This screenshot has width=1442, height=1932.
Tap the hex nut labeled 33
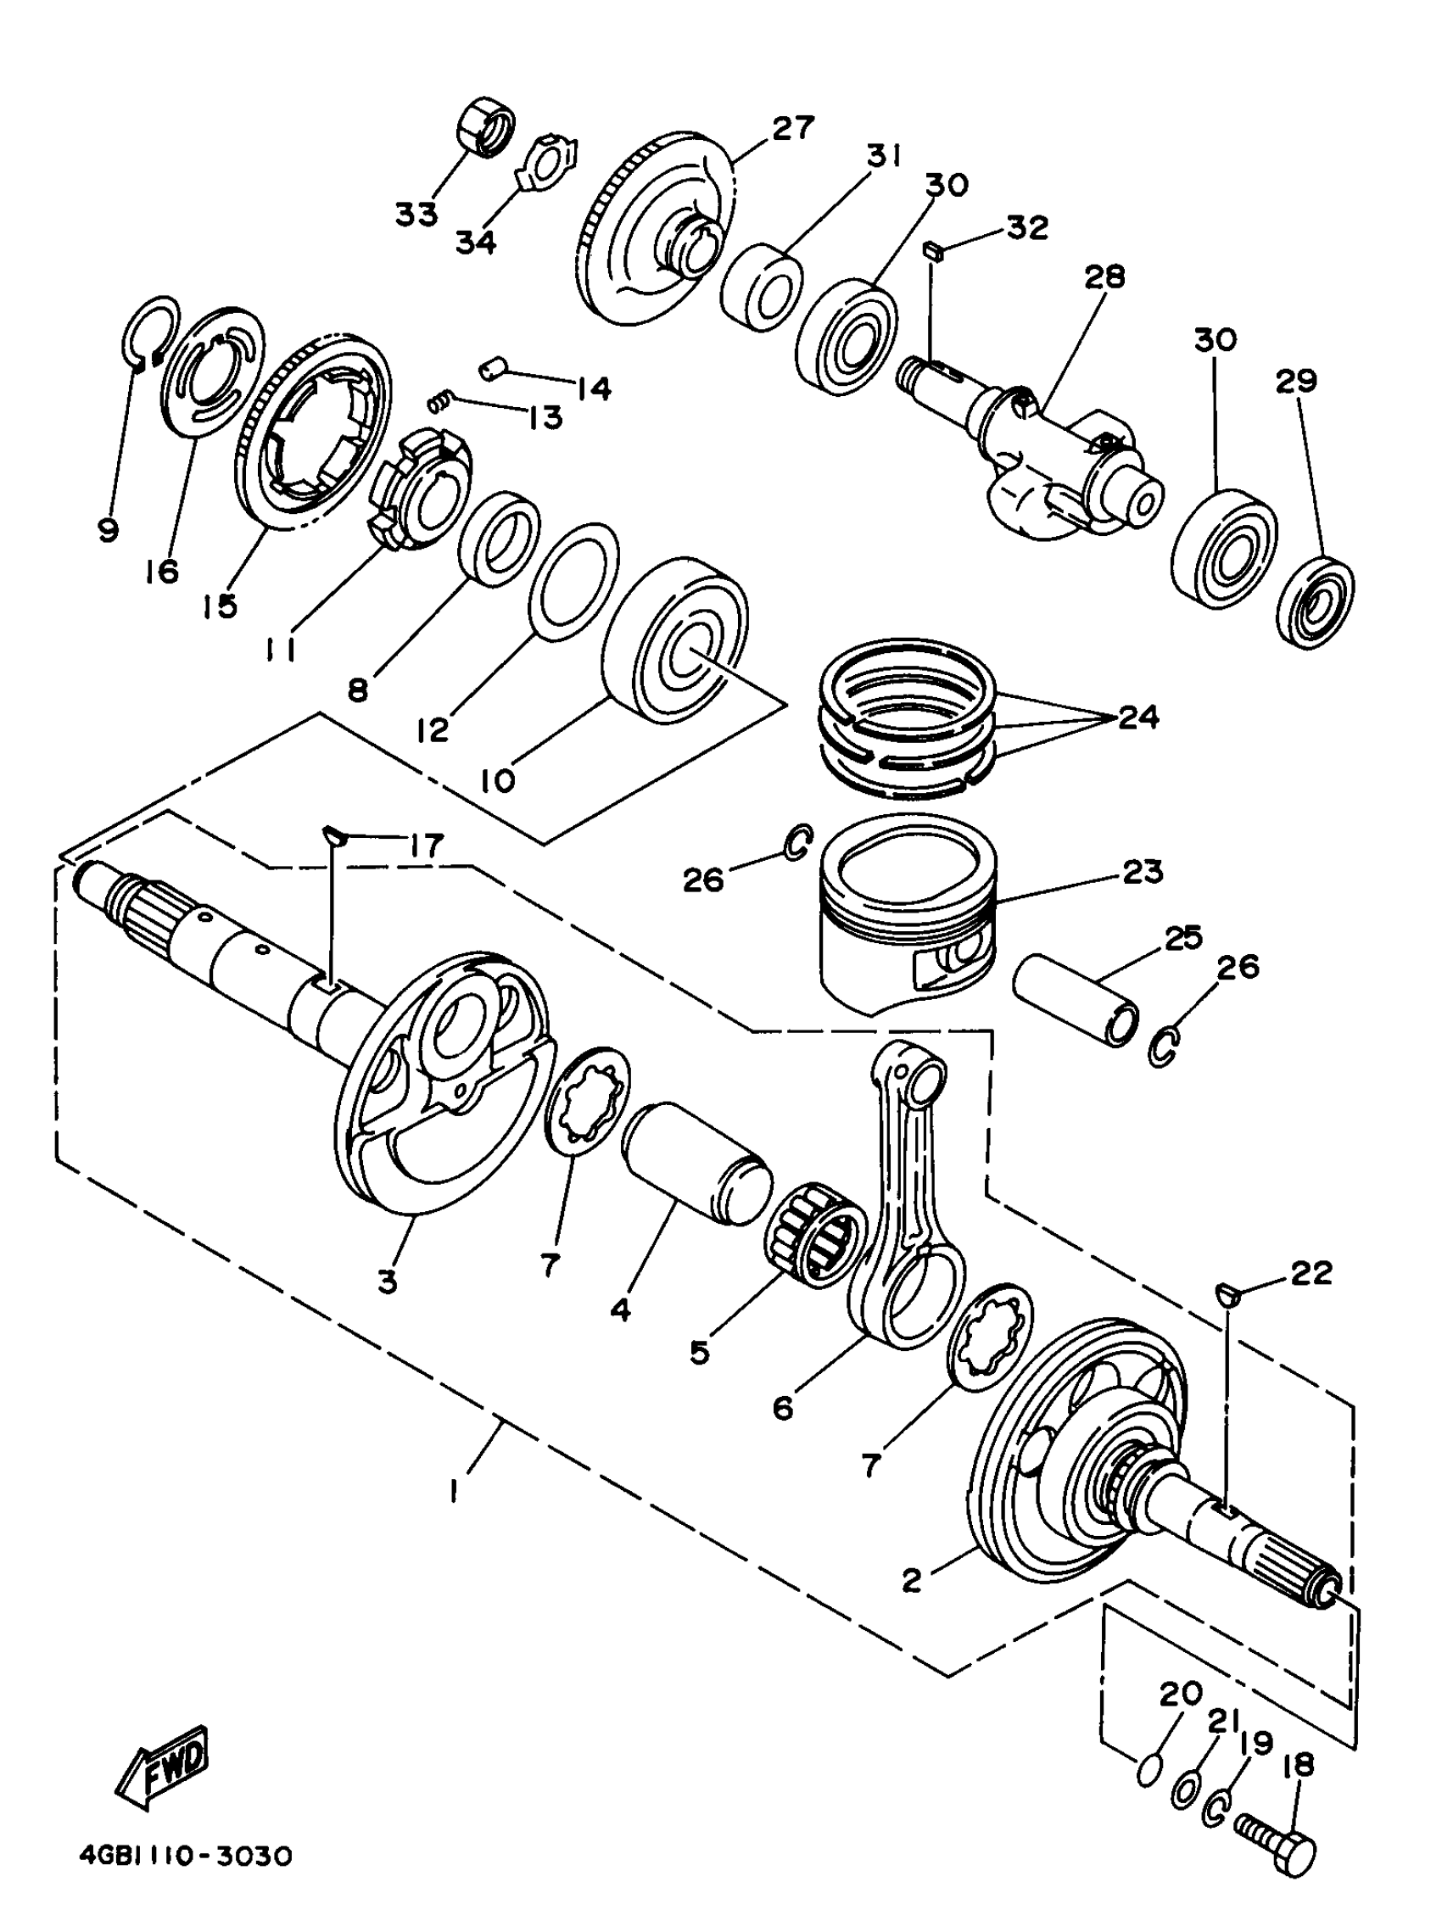pos(484,128)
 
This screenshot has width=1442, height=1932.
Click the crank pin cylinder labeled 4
pos(696,1164)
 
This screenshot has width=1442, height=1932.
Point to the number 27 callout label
pos(792,128)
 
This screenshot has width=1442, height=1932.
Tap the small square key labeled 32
pos(933,250)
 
